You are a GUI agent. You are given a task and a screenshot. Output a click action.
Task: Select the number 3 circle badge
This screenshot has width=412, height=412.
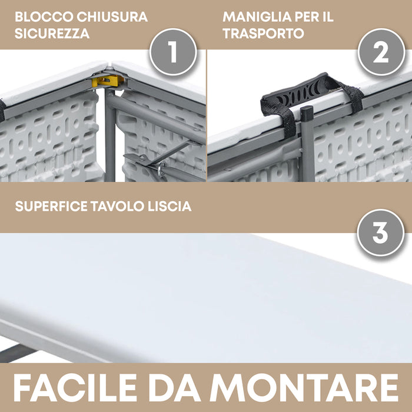coord(381,234)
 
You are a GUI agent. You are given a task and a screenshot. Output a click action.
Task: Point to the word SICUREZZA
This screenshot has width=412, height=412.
coord(52,34)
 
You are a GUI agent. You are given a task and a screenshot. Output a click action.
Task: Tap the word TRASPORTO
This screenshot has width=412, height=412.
coord(263,34)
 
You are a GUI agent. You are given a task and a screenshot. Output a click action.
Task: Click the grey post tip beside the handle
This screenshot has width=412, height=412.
coord(306,112)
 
